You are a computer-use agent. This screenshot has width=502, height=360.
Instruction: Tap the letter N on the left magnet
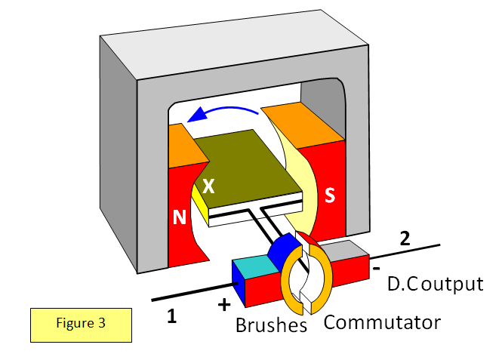tap(180, 217)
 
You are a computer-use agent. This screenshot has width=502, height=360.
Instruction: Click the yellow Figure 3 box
tap(81, 324)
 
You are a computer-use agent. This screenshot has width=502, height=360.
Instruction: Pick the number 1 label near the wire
tap(172, 317)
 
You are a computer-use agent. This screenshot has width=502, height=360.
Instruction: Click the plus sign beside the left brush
tap(224, 305)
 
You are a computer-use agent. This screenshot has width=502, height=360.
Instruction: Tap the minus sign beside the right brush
tap(375, 267)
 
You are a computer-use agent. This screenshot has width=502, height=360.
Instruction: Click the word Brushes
tap(271, 326)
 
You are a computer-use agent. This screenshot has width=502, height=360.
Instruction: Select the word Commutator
tap(382, 322)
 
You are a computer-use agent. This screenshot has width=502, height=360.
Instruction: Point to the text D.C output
tap(434, 285)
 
